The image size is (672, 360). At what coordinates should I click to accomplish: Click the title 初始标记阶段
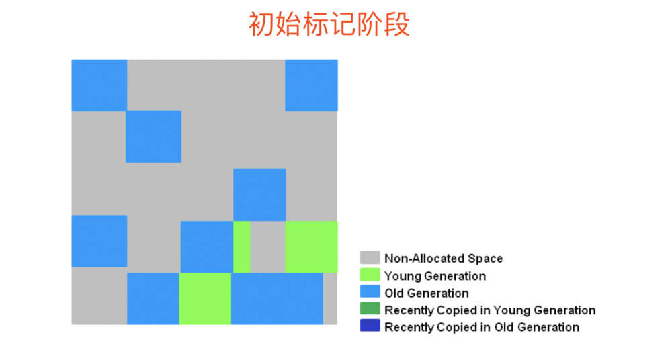[x=329, y=25]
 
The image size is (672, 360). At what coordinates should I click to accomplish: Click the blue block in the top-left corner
[x=99, y=85]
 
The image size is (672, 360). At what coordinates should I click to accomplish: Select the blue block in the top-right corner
[x=311, y=85]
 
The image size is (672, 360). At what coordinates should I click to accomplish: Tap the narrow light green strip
[x=241, y=246]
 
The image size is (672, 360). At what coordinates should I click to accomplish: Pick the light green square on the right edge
[x=311, y=246]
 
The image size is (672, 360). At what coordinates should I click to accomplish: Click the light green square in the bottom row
[x=205, y=298]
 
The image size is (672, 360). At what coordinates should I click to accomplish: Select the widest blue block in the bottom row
[x=277, y=298]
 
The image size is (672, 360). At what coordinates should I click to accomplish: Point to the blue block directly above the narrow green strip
[x=259, y=195]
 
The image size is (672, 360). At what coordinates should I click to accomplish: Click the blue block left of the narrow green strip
[x=206, y=246]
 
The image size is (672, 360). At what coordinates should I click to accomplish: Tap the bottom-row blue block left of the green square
[x=153, y=298]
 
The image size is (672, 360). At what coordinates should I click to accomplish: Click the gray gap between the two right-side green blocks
[x=267, y=246]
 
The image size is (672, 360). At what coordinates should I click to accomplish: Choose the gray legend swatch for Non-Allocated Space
[x=370, y=258]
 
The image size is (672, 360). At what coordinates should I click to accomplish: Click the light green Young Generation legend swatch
[x=370, y=275]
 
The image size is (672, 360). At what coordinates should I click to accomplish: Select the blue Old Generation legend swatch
[x=370, y=293]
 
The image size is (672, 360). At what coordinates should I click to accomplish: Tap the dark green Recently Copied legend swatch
[x=370, y=310]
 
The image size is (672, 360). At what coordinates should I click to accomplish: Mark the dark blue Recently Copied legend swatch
[x=370, y=327]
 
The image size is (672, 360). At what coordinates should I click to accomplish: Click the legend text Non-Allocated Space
[x=444, y=259]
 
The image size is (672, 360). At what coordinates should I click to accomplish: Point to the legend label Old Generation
[x=427, y=294]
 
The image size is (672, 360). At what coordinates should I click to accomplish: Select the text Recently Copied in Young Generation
[x=490, y=310]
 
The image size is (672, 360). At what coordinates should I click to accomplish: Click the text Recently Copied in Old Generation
[x=482, y=328]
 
